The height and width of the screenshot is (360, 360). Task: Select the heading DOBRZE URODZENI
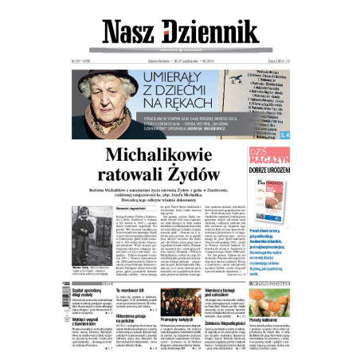pos(275,170)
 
